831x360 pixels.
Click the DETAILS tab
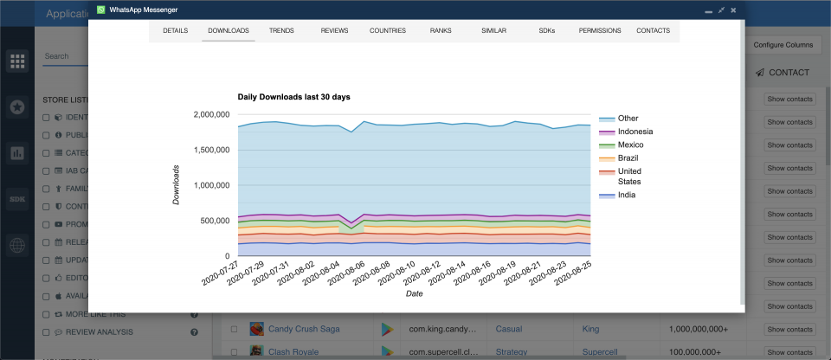pyautogui.click(x=175, y=30)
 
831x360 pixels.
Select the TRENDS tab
pyautogui.click(x=281, y=30)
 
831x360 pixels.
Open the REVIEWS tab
pyautogui.click(x=334, y=30)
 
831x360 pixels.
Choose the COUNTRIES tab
pyautogui.click(x=387, y=30)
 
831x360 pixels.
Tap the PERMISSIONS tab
pyautogui.click(x=600, y=30)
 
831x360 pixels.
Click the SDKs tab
pyautogui.click(x=547, y=30)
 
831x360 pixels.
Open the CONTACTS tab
pyautogui.click(x=653, y=30)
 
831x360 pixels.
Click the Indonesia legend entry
pyautogui.click(x=635, y=132)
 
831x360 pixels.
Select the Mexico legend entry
pyautogui.click(x=631, y=145)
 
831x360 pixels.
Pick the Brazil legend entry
pyautogui.click(x=629, y=158)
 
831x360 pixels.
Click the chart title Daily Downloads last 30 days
pyautogui.click(x=293, y=97)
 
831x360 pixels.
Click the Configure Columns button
pyautogui.click(x=783, y=44)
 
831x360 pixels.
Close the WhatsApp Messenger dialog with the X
pyautogui.click(x=733, y=10)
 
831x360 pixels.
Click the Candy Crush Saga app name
pyautogui.click(x=303, y=329)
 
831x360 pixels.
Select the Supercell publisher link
pyautogui.click(x=602, y=352)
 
